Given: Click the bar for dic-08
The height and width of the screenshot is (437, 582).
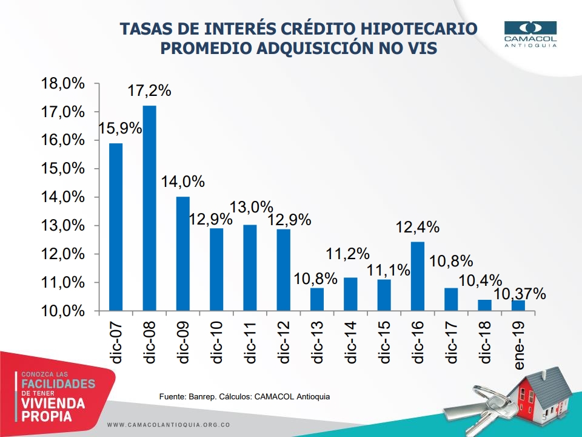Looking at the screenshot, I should click(149, 208).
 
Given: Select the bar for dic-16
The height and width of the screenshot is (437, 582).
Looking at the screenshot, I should click(418, 276).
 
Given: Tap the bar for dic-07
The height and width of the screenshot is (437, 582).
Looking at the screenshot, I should click(116, 227).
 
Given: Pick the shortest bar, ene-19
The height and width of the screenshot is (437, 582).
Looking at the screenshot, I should click(518, 305).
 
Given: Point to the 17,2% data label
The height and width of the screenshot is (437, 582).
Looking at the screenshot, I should click(149, 92).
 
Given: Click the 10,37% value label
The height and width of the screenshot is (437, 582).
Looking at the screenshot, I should click(520, 294).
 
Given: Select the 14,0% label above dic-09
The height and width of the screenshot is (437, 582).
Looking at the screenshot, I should click(183, 182).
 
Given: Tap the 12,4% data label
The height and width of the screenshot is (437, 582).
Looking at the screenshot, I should click(418, 228).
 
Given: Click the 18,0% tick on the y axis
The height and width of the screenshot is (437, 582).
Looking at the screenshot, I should click(62, 84).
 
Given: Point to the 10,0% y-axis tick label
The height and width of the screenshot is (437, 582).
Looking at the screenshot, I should click(62, 311).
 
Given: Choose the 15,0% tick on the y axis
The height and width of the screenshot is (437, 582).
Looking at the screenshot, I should click(62, 169).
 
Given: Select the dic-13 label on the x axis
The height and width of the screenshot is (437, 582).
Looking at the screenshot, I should click(317, 342).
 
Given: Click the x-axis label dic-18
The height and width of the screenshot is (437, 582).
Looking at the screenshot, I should click(485, 342).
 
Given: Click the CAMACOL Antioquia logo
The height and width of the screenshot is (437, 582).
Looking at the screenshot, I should click(530, 34).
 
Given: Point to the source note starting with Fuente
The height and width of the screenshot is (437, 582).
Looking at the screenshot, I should click(244, 396).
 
